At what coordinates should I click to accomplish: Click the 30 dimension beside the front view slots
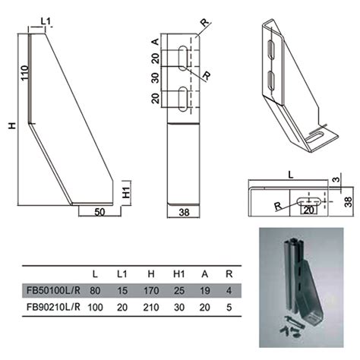156,78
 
